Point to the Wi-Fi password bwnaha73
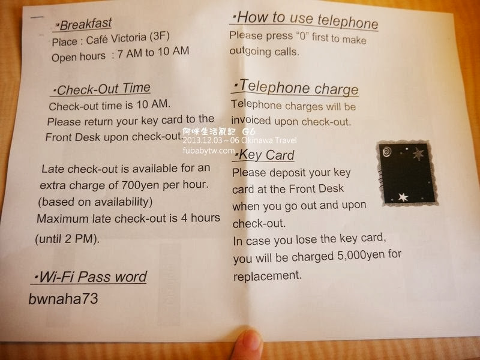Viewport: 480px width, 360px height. (x=63, y=299)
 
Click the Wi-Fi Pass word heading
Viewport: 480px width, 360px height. (x=90, y=277)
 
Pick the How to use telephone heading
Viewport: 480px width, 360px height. (x=305, y=20)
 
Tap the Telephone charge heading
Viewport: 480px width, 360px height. (x=295, y=88)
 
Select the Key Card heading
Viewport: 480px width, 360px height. (x=264, y=155)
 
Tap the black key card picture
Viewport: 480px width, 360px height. (x=407, y=173)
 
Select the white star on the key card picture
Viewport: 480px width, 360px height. (x=403, y=197)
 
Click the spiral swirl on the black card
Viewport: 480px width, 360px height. (x=387, y=151)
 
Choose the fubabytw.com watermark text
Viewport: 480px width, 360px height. (x=209, y=151)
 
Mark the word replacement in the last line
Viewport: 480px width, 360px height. (x=267, y=276)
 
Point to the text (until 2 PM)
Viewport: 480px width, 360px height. (x=67, y=239)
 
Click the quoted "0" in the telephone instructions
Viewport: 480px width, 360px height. (x=302, y=37)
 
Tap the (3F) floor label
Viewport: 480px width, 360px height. (x=159, y=37)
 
